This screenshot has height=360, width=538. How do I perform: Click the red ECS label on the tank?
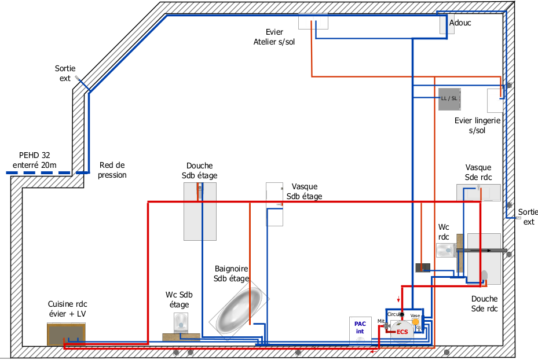click(x=402, y=332)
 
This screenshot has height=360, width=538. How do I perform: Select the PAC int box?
click(x=360, y=328)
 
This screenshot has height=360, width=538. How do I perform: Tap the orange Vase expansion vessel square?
click(x=415, y=322)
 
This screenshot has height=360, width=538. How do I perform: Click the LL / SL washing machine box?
click(x=449, y=98)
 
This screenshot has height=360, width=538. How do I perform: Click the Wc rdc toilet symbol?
click(x=446, y=250)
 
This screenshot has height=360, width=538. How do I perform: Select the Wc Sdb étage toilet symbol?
click(x=181, y=322)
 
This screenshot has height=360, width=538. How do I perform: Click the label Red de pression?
click(x=112, y=170)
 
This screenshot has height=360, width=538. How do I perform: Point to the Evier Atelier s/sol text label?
click(x=274, y=37)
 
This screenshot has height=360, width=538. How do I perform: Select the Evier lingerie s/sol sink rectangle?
click(x=495, y=101)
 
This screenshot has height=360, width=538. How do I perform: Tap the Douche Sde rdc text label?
click(x=484, y=304)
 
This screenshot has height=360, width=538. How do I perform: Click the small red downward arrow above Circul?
click(x=398, y=299)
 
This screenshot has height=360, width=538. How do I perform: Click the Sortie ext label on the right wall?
click(x=528, y=216)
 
